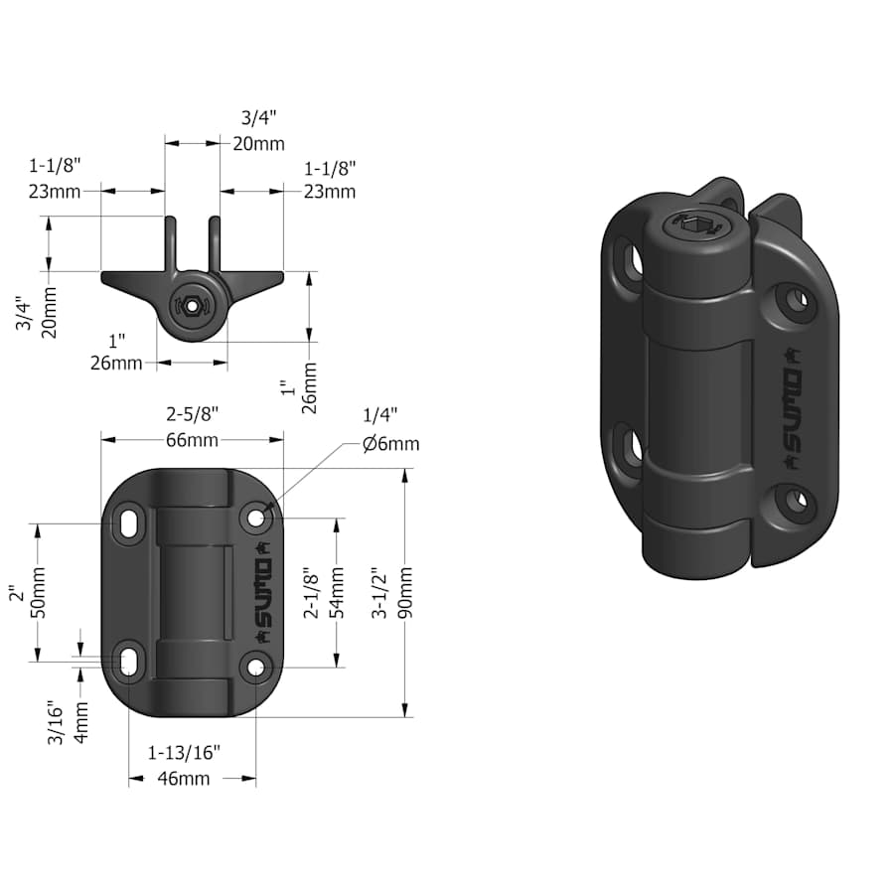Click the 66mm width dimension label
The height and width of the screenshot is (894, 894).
193,439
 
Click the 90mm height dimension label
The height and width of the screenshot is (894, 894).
404,593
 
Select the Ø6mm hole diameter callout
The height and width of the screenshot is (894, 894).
390,444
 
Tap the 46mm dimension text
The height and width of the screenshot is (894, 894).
184,779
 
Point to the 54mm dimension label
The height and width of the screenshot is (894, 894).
337,593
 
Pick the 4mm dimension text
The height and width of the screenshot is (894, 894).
82,721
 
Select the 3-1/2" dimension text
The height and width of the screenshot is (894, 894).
377,593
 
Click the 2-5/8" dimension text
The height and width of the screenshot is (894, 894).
193,411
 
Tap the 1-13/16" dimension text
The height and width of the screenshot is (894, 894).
184,751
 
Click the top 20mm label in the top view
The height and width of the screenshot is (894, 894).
257,144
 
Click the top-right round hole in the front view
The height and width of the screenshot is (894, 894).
256,517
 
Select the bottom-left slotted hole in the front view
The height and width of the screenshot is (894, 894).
130,660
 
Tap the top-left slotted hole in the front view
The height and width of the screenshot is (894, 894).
130,522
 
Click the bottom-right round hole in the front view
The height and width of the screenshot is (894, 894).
256,667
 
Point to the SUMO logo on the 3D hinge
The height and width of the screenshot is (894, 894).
793,407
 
